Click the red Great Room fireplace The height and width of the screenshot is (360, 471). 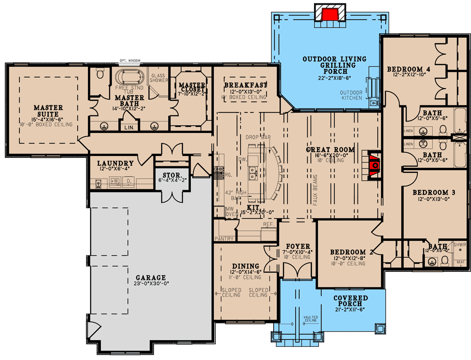pyautogui.click(x=375, y=165)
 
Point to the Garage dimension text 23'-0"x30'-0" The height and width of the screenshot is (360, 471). pyautogui.click(x=152, y=284)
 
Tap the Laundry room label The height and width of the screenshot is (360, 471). pyautogui.click(x=115, y=164)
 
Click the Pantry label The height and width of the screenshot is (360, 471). pyautogui.click(x=224, y=239)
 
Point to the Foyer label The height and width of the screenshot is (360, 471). pyautogui.click(x=297, y=246)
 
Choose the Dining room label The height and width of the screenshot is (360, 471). pyautogui.click(x=246, y=266)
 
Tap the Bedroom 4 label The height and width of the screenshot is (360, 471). pyautogui.click(x=409, y=70)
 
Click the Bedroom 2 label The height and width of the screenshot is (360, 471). pyautogui.click(x=351, y=252)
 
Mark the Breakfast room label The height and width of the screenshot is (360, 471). pyautogui.click(x=245, y=85)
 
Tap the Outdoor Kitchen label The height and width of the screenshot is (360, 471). pyautogui.click(x=351, y=95)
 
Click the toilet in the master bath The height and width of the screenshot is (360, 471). pyautogui.click(x=99, y=74)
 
